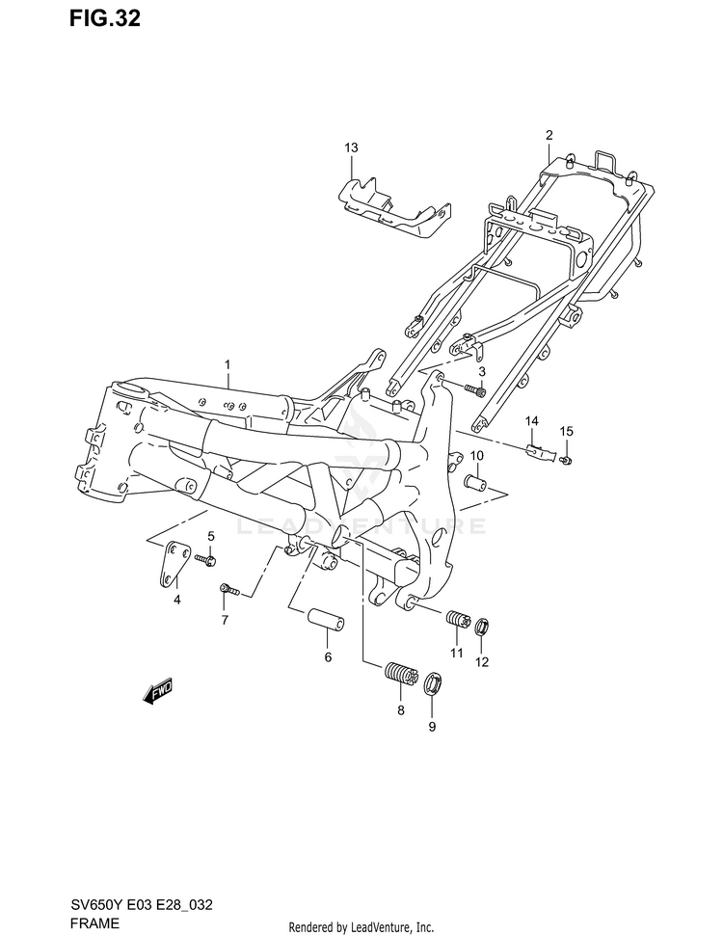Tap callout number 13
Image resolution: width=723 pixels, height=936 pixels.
pyautogui.click(x=351, y=147)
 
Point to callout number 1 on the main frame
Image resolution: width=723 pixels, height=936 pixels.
pyautogui.click(x=228, y=365)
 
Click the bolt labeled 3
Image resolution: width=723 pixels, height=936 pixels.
pyautogui.click(x=474, y=389)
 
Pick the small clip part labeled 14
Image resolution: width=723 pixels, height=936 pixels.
pyautogui.click(x=542, y=448)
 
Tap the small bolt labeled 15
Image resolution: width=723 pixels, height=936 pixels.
pyautogui.click(x=567, y=459)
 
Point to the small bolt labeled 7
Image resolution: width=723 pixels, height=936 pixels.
pyautogui.click(x=228, y=587)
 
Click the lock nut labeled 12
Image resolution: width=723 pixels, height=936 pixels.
pyautogui.click(x=482, y=628)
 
